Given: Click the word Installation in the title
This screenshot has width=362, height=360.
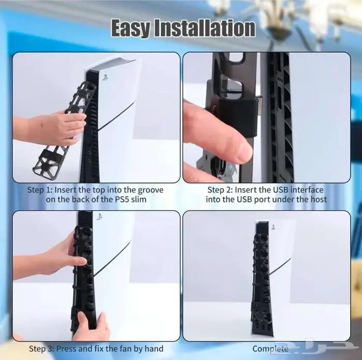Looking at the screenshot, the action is [x=205, y=28].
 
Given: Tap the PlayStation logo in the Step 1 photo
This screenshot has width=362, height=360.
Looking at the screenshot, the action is [x=105, y=77].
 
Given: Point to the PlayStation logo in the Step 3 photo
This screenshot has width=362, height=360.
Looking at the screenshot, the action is [x=99, y=217].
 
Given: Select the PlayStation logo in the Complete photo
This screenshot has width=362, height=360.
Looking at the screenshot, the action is [x=273, y=227].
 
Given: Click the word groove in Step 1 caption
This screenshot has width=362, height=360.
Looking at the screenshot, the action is [x=150, y=190].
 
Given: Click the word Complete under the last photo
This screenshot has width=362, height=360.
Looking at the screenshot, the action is [x=270, y=349].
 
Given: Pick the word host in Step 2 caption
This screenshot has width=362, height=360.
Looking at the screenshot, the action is [x=319, y=199].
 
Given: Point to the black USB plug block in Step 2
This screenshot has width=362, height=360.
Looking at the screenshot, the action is [x=238, y=116].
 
